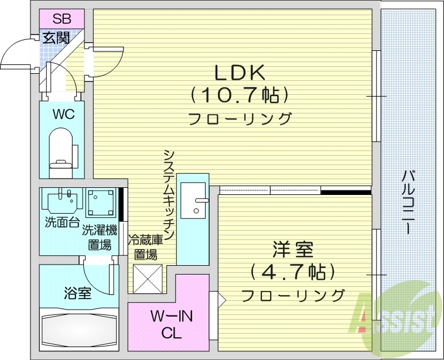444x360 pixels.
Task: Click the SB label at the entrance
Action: (62, 18)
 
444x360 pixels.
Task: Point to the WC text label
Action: (63, 114)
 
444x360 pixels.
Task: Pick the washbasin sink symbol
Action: (62, 201)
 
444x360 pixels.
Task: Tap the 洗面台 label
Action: (60, 223)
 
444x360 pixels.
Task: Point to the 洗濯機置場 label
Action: (100, 237)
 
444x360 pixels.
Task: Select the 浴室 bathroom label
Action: (77, 293)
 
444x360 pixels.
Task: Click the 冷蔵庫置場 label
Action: (145, 246)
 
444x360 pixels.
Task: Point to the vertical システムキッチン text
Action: (169, 193)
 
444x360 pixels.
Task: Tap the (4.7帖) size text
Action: (292, 272)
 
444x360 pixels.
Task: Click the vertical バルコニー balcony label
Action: (408, 202)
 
